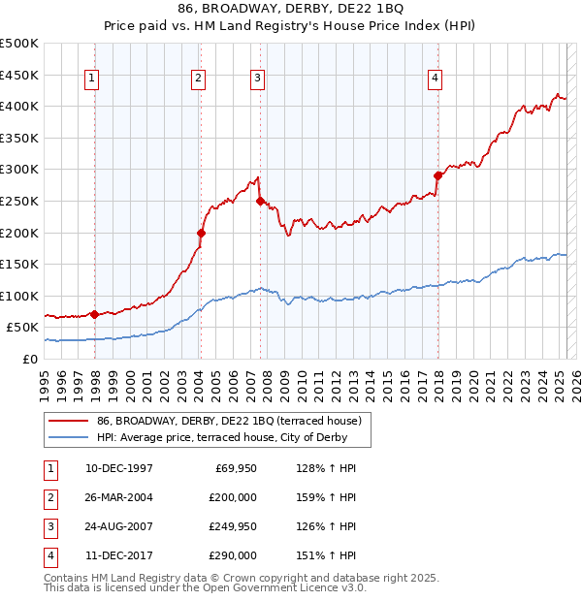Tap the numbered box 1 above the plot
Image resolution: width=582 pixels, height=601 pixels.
(91, 79)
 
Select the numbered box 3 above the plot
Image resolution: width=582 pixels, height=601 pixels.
(257, 79)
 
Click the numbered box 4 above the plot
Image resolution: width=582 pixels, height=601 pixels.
(436, 79)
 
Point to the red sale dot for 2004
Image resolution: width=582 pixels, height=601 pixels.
(201, 233)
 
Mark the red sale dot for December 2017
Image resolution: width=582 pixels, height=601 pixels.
(437, 175)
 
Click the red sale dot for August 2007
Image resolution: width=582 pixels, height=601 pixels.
(260, 201)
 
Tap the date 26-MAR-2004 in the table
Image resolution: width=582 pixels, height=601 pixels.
(118, 496)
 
